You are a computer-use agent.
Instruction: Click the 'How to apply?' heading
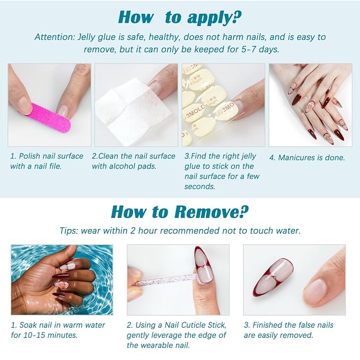180,17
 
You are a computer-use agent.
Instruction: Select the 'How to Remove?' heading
180,212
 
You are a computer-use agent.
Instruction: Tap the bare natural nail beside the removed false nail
315,289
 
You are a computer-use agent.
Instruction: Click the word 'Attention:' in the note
55,37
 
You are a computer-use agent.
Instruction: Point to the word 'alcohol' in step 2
122,166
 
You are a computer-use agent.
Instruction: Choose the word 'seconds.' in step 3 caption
200,186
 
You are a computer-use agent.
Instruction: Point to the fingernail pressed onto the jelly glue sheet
238,107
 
